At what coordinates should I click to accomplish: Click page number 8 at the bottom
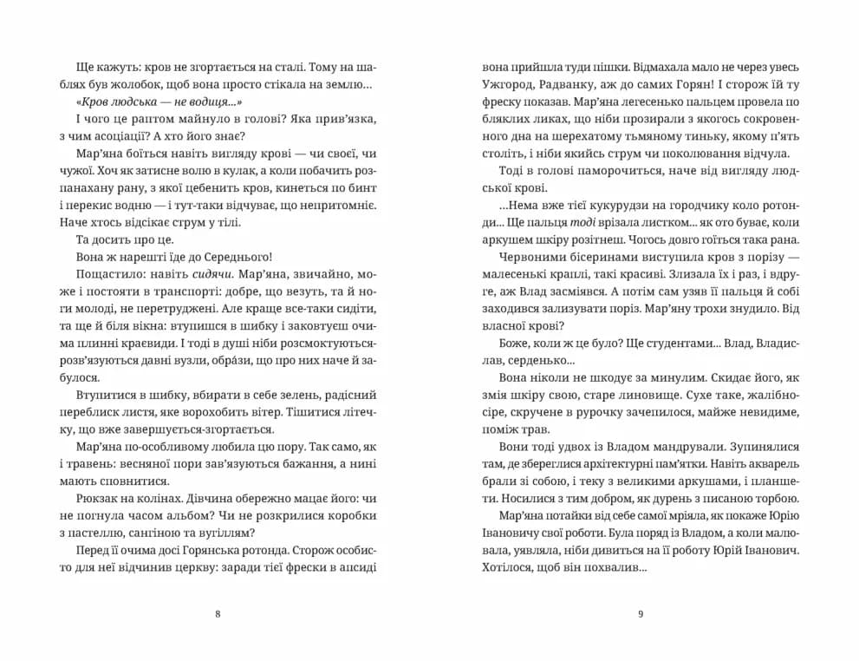(x=217, y=614)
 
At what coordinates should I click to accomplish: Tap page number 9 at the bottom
(x=641, y=614)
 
